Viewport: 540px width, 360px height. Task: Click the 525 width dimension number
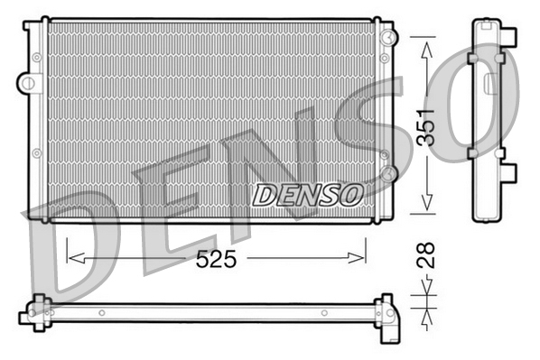(x=217, y=260)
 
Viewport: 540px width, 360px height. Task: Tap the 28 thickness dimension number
(x=427, y=254)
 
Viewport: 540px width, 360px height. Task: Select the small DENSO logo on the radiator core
(x=308, y=193)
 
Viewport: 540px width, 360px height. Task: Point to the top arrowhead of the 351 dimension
(x=424, y=44)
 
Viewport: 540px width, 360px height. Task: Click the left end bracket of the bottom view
(x=36, y=311)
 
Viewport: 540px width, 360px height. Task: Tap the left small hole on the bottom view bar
(x=102, y=313)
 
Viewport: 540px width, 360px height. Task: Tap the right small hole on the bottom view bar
(x=321, y=313)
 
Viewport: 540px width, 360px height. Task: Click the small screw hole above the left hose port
(x=36, y=57)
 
